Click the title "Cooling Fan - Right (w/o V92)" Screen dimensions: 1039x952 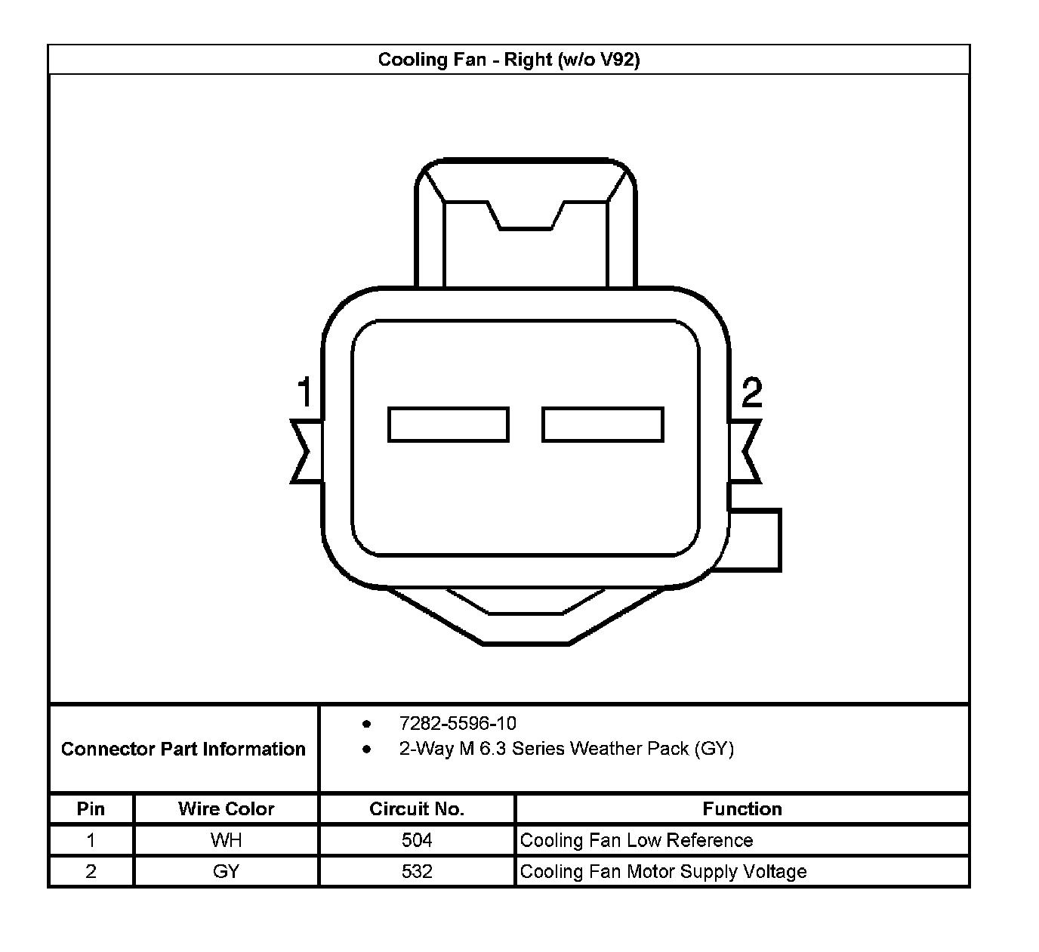(x=509, y=60)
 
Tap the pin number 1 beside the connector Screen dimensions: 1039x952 (x=304, y=392)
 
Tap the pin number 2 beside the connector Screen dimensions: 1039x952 (x=751, y=392)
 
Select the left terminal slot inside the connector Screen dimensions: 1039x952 (x=449, y=425)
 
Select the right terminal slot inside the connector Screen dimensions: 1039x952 (x=603, y=425)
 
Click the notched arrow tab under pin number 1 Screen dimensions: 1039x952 (x=307, y=452)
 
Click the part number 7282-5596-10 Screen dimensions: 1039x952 (x=458, y=723)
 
